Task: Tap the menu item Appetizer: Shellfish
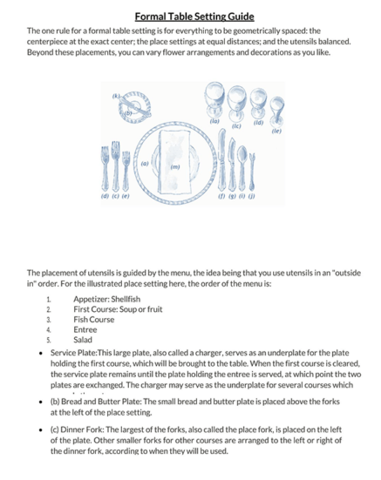[106, 300]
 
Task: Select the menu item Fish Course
[94, 320]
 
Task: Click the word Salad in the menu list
[83, 340]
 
